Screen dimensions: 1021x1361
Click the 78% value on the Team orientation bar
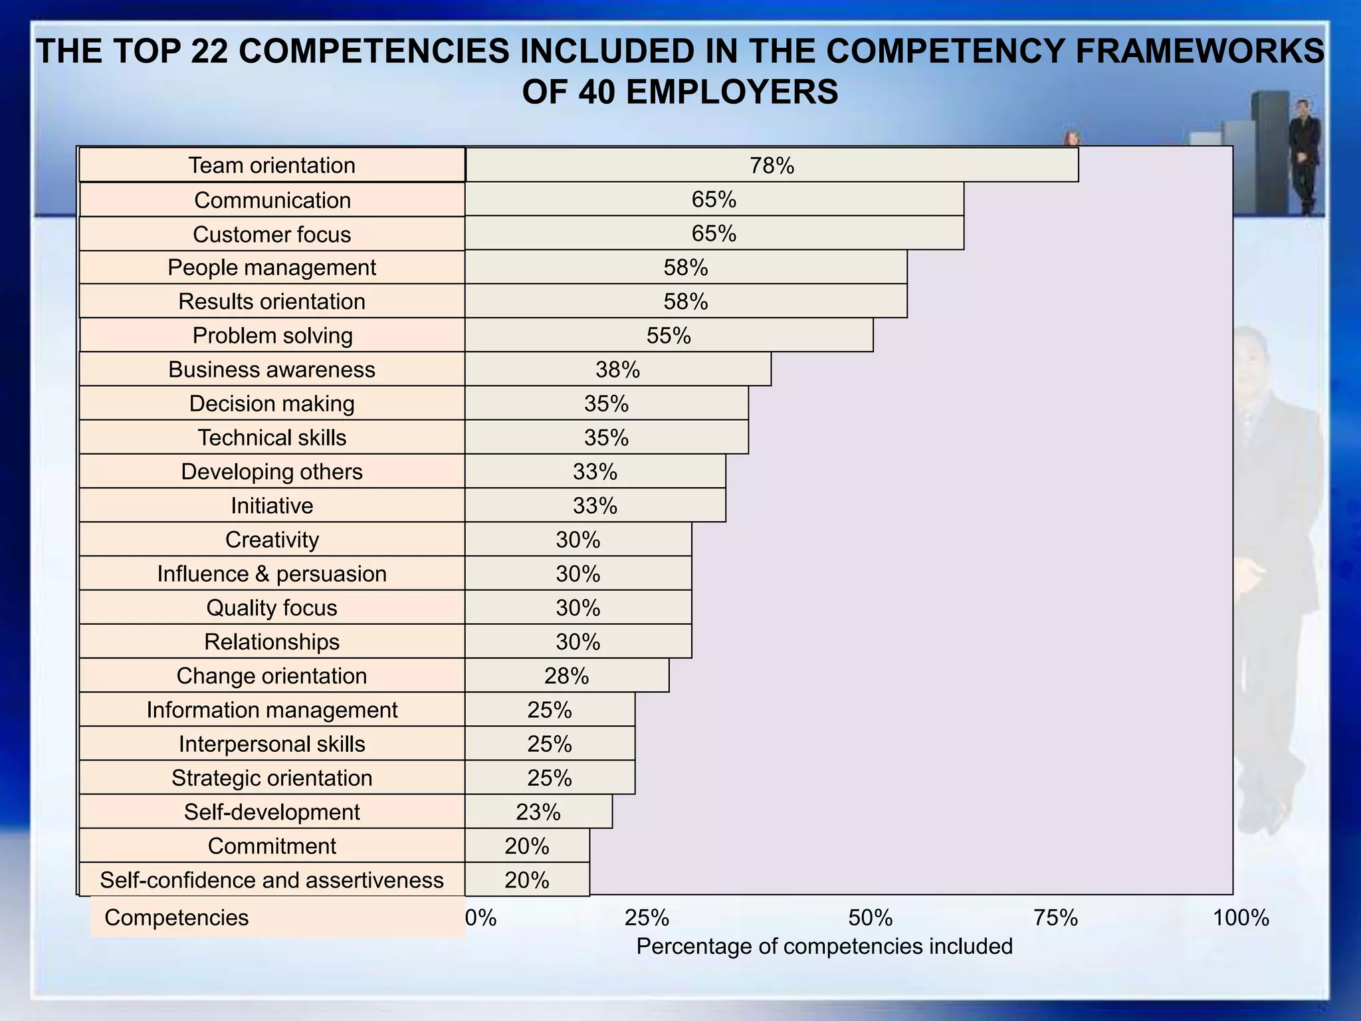coord(772,166)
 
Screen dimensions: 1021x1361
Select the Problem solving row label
coord(272,336)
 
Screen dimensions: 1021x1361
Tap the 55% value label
coord(669,336)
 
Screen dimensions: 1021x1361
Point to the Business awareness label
coord(272,370)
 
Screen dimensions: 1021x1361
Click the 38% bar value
coord(617,370)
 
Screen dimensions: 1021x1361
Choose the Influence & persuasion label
coord(272,574)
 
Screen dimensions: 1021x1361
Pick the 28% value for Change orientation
coord(566,676)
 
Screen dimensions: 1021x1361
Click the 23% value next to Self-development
coord(538,812)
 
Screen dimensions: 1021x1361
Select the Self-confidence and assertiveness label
coord(272,880)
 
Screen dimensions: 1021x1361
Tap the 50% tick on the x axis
coord(870,918)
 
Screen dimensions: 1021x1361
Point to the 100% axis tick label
coord(1241,918)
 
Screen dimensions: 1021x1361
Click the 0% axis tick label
coord(480,918)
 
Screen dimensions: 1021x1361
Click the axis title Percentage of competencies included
coord(824,946)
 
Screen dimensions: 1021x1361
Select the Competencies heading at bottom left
coord(177,918)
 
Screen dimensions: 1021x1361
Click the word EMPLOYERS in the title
coord(732,92)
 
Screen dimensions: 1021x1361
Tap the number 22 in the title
coord(210,52)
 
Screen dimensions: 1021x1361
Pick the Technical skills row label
coord(272,437)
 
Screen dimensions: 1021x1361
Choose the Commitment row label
coord(272,846)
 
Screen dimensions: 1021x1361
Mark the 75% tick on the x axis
coord(1055,918)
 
